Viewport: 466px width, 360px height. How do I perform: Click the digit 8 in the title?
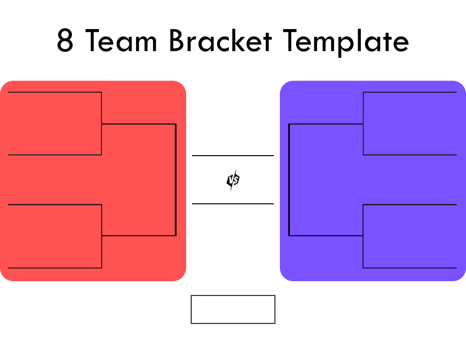tap(65, 41)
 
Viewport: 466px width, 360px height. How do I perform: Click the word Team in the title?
tap(121, 41)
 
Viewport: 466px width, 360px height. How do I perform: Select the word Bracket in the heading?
tap(220, 41)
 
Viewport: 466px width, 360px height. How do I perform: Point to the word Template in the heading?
tap(346, 42)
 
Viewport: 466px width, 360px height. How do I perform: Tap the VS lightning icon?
tap(233, 180)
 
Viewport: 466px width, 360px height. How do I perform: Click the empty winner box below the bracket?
tap(233, 309)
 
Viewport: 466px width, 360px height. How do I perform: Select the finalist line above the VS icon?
tap(233, 156)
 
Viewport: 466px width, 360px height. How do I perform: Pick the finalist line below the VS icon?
tap(233, 203)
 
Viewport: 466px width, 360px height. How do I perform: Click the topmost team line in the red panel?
tap(55, 92)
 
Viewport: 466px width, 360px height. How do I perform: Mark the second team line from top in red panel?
tap(55, 155)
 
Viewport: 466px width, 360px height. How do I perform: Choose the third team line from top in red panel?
tap(55, 204)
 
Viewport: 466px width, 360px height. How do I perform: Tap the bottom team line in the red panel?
tap(55, 268)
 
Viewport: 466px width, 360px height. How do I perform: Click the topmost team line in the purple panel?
tap(410, 92)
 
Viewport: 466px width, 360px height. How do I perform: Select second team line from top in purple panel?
tap(410, 155)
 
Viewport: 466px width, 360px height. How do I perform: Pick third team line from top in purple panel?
tap(410, 204)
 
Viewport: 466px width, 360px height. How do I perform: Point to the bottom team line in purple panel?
tap(410, 268)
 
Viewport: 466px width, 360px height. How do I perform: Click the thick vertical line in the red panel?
tap(176, 180)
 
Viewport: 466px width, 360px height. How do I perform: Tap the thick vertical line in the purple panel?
tap(289, 180)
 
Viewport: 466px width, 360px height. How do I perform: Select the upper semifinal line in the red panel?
tap(139, 124)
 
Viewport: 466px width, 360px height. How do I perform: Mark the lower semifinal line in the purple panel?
tap(326, 236)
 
